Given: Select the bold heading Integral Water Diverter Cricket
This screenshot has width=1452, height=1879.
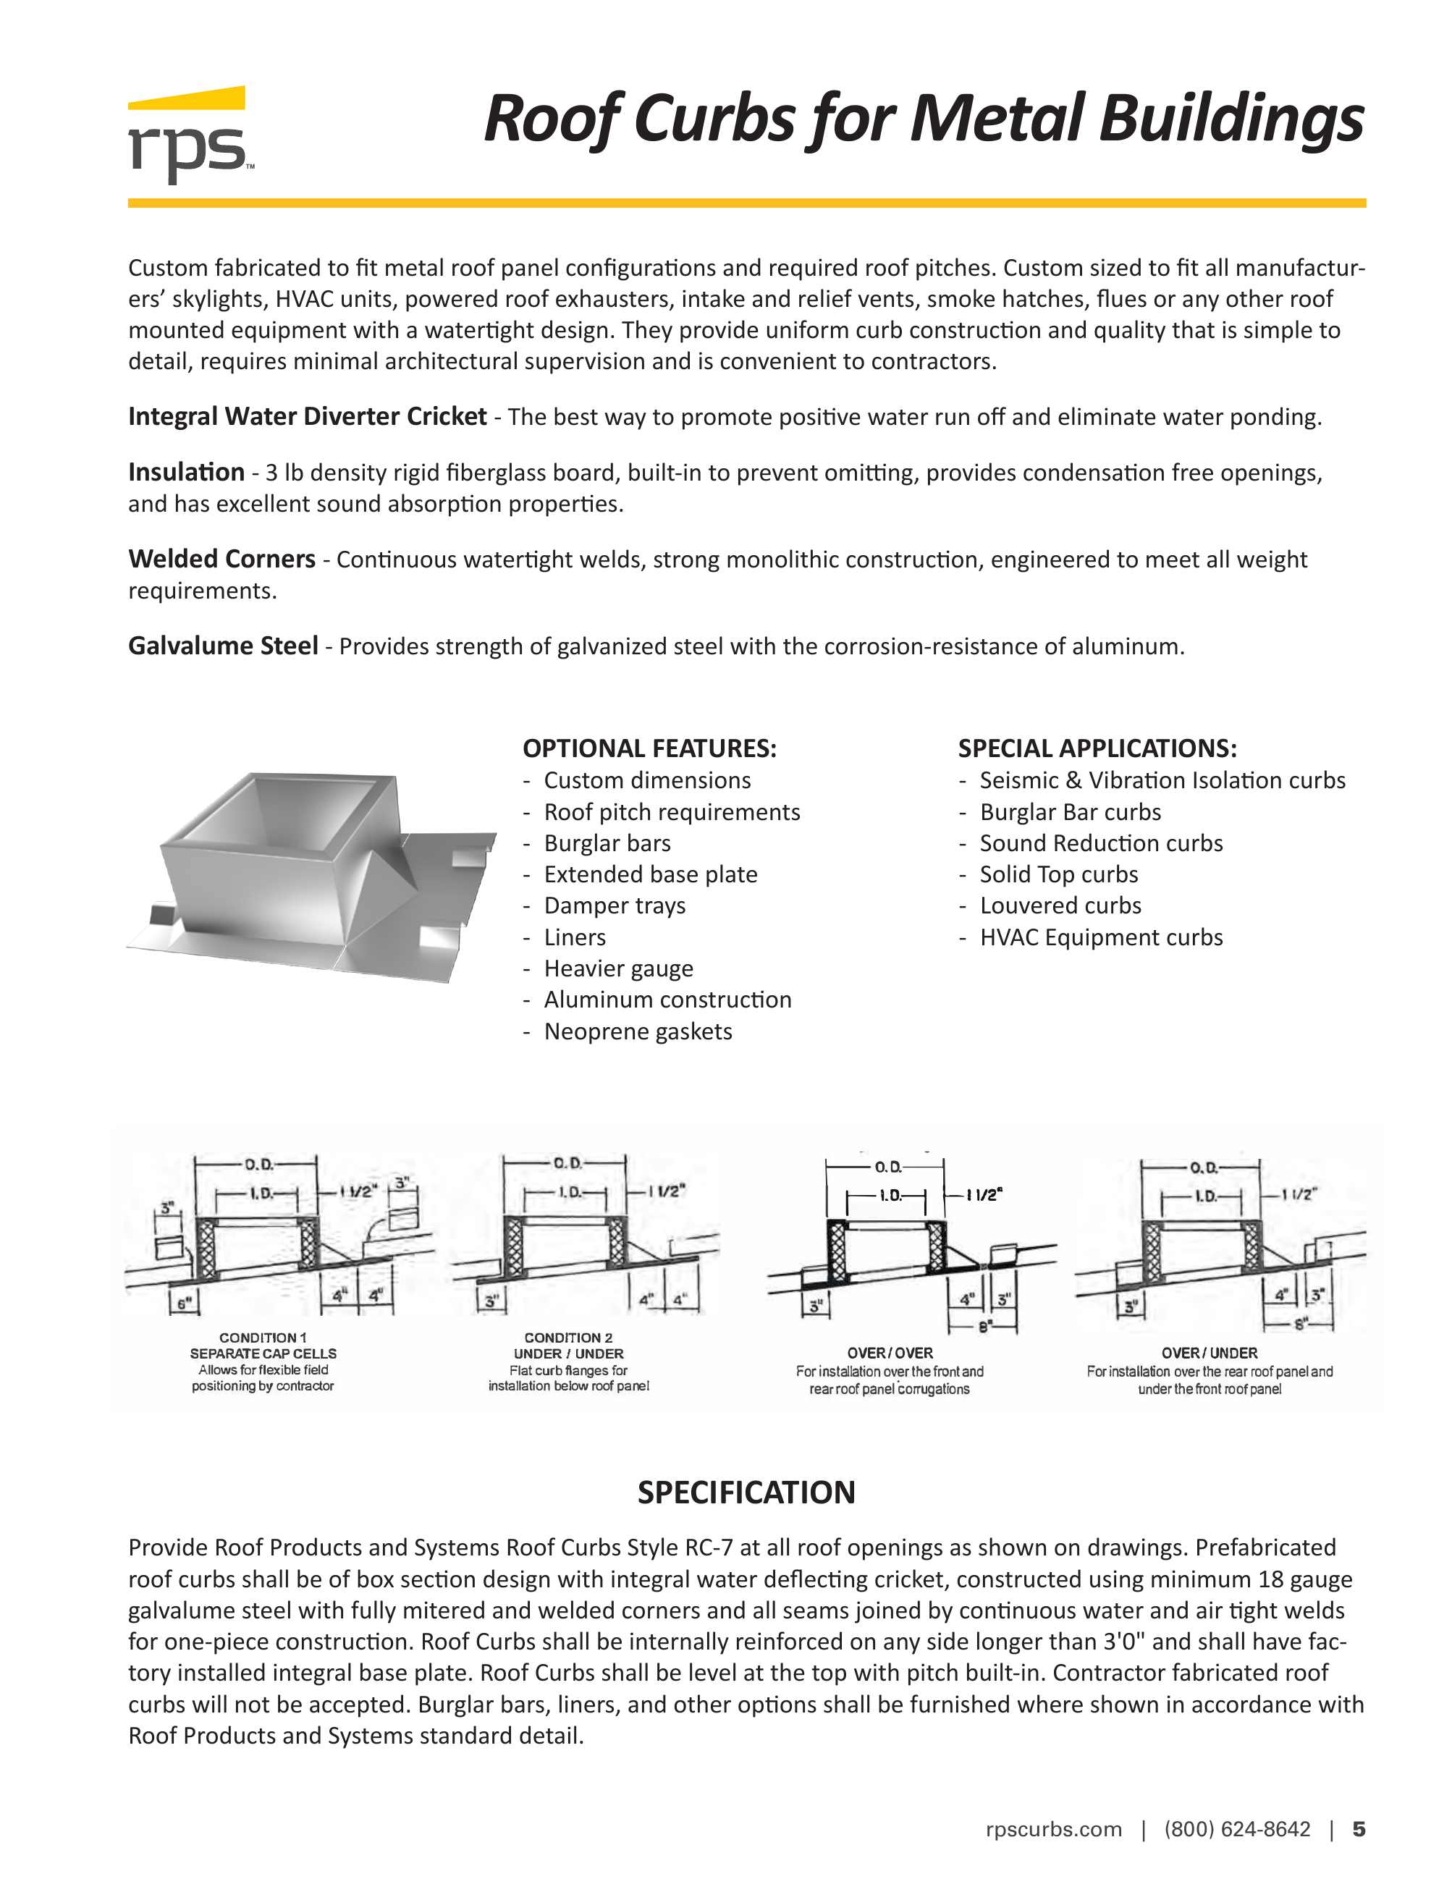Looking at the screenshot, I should pyautogui.click(x=307, y=416).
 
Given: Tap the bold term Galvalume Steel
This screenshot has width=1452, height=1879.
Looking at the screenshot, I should pyautogui.click(x=223, y=645).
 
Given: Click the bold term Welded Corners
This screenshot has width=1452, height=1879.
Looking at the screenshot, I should pyautogui.click(x=221, y=560).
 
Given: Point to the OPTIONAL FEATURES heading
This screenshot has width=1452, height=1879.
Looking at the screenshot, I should pyautogui.click(x=649, y=748).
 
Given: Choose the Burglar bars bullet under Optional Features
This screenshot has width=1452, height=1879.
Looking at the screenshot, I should pyautogui.click(x=607, y=843).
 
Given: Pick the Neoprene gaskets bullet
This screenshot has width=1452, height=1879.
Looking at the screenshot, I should pyautogui.click(x=638, y=1031).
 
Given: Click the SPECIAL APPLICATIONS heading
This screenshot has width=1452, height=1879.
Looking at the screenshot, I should pyautogui.click(x=1097, y=748).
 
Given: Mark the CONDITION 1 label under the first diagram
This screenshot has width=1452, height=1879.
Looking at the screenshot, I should pyautogui.click(x=262, y=1338).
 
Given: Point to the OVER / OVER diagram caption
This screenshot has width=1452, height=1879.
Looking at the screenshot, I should pyautogui.click(x=890, y=1354).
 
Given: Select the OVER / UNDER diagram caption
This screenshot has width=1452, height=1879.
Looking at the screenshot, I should pyautogui.click(x=1209, y=1354).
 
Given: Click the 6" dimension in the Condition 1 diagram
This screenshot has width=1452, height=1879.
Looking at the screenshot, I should pyautogui.click(x=182, y=1304).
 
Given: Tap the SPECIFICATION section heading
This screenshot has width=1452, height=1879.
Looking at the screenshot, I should pyautogui.click(x=746, y=1492).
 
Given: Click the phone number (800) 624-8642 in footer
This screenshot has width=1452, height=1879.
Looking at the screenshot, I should pyautogui.click(x=1237, y=1829).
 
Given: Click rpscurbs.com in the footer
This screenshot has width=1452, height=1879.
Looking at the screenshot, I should pyautogui.click(x=1053, y=1829).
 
